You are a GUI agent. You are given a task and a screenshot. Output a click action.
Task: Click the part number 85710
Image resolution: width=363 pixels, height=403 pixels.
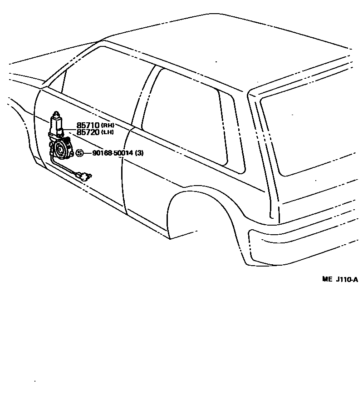coord(88,125)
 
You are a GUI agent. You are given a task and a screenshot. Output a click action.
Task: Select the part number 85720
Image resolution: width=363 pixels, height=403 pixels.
coord(88,132)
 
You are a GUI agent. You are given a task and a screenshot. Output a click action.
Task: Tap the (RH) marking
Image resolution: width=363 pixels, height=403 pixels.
coord(107,125)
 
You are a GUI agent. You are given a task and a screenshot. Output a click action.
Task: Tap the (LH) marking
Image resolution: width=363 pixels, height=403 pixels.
coord(107,132)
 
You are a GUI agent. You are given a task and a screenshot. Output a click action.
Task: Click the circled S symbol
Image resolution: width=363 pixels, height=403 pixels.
coord(79,153)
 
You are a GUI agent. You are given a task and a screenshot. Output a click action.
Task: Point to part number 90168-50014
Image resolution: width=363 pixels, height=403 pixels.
coord(113,153)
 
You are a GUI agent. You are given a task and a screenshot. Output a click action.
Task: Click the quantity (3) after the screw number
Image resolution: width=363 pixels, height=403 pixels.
coord(139,153)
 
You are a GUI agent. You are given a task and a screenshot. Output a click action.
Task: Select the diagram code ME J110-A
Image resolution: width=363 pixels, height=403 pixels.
coord(340,279)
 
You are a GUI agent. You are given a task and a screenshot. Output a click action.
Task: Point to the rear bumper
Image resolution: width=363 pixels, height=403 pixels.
coord(304,246)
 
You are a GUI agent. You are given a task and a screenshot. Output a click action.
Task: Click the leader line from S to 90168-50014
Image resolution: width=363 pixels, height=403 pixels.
coord(87,153)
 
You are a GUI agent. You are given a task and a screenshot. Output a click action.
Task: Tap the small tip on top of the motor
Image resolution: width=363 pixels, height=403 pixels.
coord(56,113)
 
